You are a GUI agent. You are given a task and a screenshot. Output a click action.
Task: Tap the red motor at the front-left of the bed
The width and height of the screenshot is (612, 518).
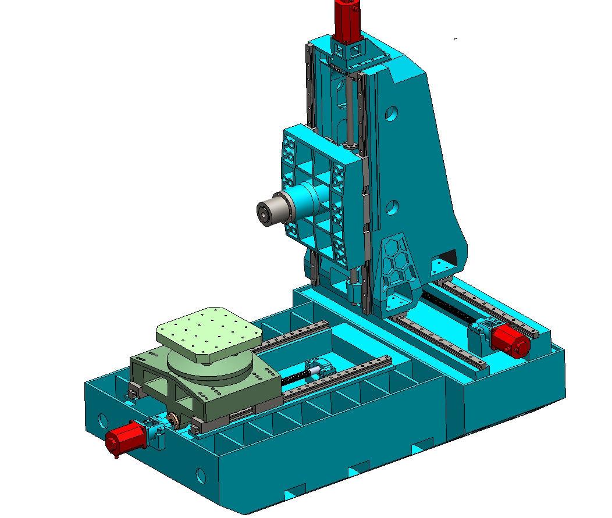124,438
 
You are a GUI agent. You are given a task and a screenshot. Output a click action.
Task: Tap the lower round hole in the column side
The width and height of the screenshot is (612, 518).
393,206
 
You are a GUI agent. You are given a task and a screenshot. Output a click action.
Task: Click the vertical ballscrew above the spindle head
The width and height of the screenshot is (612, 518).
349,110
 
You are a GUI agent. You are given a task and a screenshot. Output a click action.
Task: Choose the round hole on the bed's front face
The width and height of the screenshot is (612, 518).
201,476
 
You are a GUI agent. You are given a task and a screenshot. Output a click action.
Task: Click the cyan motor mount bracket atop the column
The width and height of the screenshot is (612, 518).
349,52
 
